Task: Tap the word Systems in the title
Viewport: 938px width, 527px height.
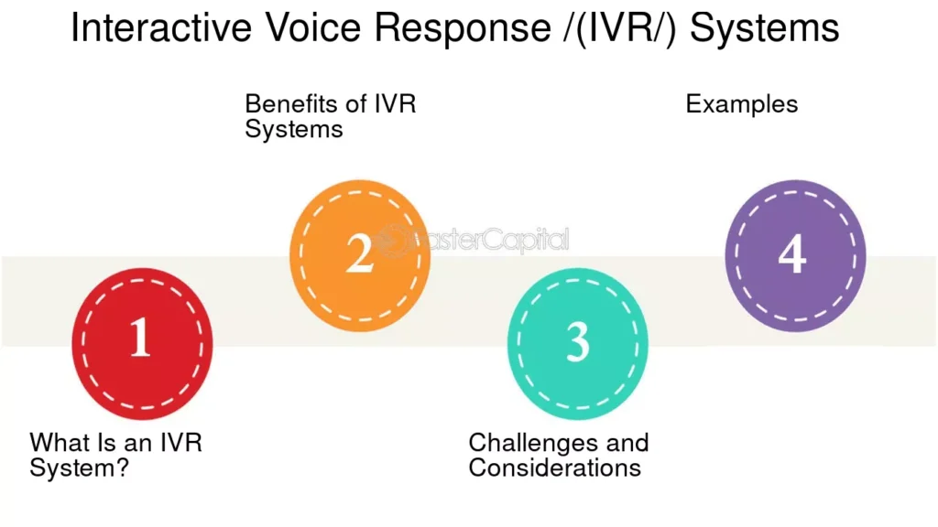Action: coord(765,28)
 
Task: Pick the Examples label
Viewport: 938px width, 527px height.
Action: coord(742,104)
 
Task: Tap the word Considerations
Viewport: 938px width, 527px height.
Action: coord(554,468)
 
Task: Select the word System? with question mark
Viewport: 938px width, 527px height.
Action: coord(79,468)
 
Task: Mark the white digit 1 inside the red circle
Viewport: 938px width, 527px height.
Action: coord(140,338)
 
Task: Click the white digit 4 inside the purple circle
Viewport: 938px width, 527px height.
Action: coord(792,255)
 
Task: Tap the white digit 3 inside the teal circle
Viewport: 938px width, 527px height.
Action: coord(577,341)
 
